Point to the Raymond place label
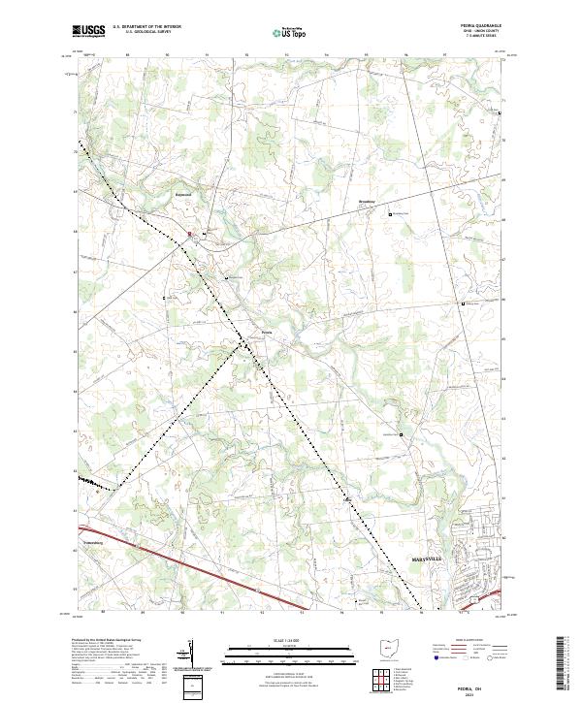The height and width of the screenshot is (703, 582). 183,194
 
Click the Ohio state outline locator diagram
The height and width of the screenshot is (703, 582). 386,649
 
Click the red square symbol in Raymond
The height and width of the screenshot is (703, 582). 190,234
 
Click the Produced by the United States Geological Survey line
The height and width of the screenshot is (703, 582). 104,641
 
